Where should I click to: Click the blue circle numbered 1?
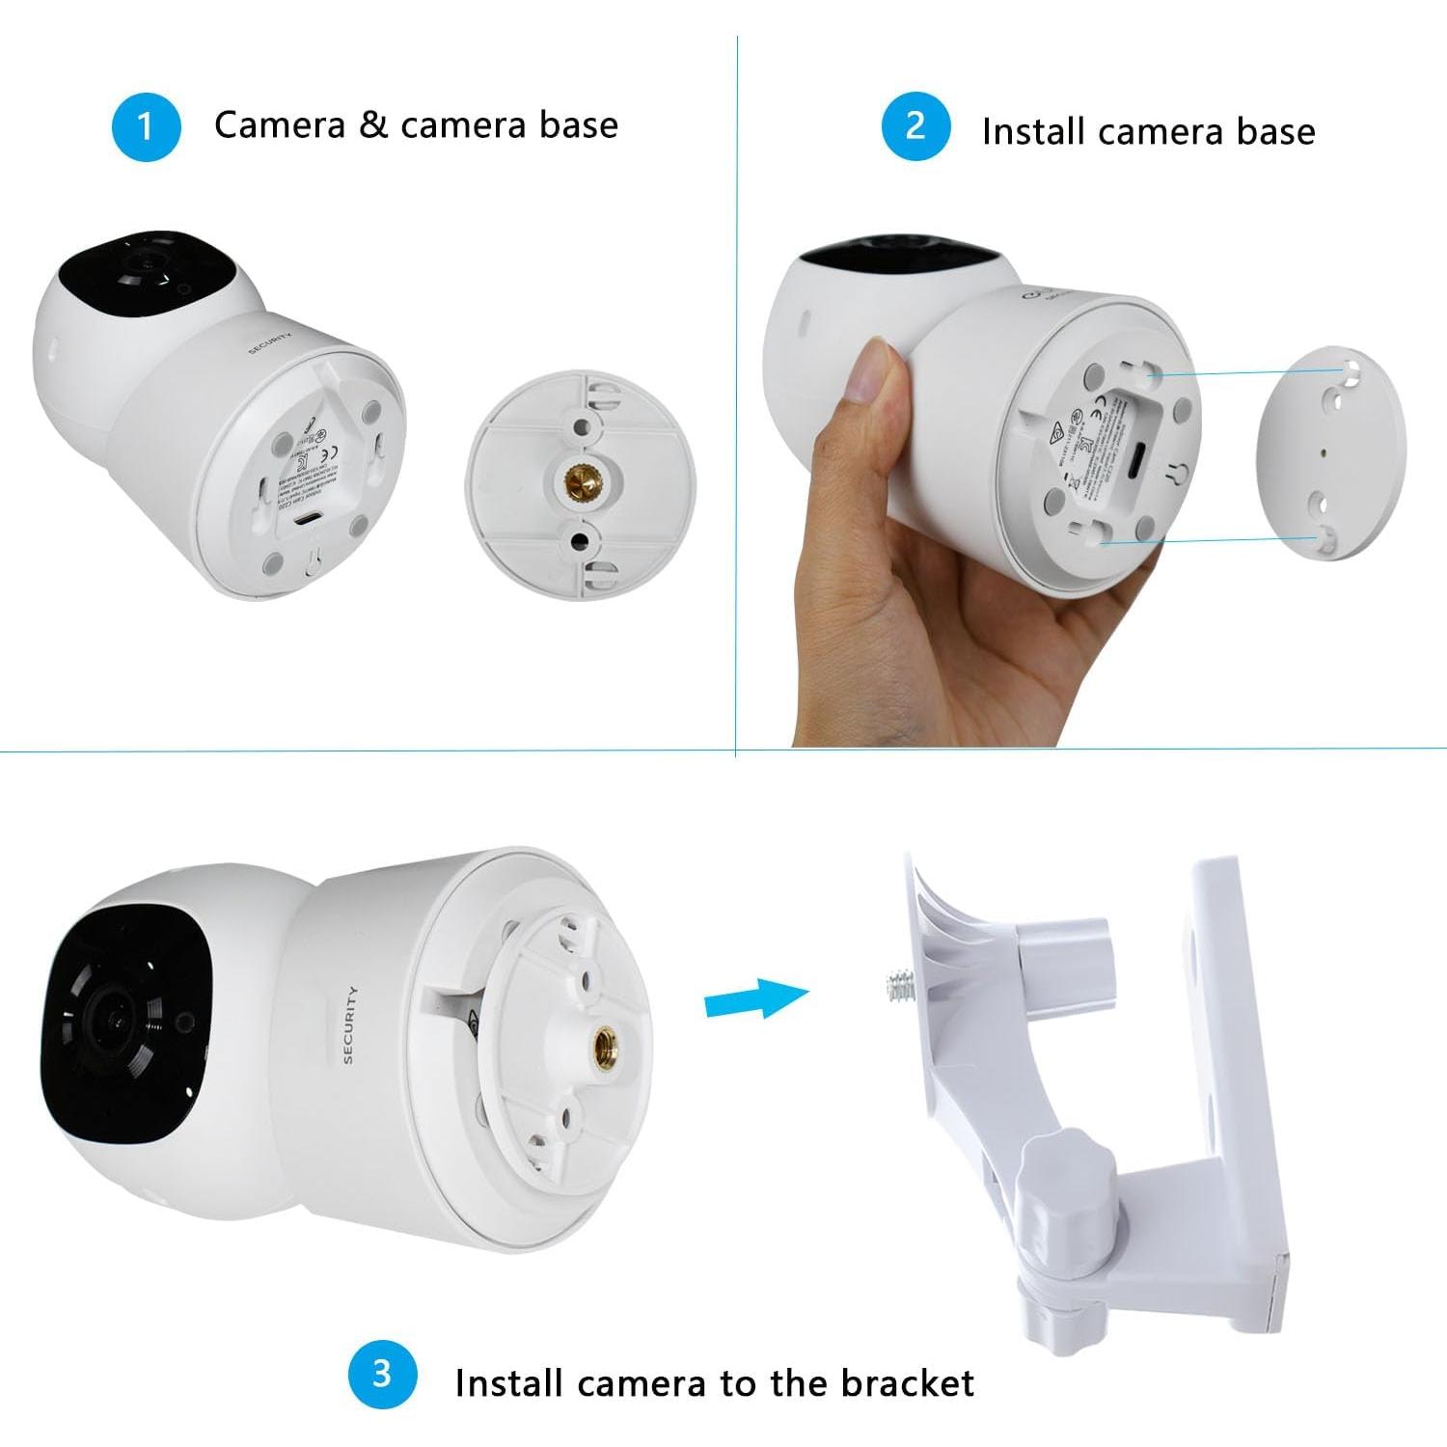[146, 126]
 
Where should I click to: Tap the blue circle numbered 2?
[915, 126]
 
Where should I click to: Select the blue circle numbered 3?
[382, 1373]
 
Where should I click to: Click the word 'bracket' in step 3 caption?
[907, 1383]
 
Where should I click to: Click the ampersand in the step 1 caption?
[372, 125]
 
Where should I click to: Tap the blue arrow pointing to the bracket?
[755, 998]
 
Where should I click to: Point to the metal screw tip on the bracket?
[898, 987]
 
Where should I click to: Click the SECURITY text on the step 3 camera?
[349, 1024]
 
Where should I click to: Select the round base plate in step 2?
[1332, 452]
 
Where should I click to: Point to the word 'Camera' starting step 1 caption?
[279, 125]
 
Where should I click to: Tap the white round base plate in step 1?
[582, 482]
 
